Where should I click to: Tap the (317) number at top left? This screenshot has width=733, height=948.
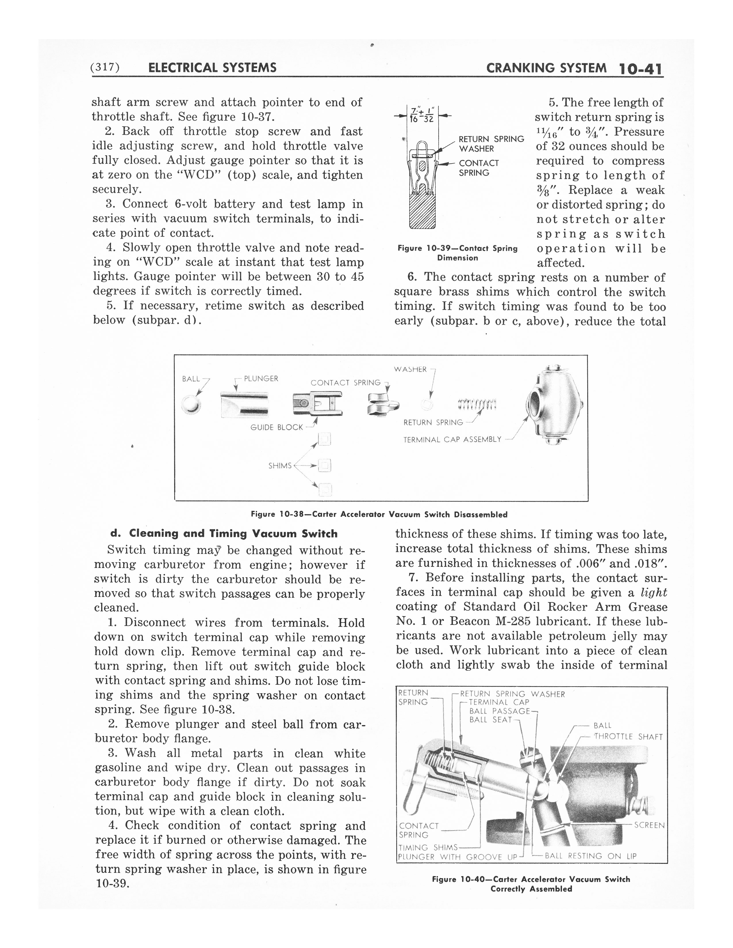coord(105,67)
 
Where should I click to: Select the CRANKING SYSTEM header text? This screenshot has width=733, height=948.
coord(546,68)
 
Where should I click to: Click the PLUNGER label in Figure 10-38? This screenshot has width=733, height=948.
coord(261,379)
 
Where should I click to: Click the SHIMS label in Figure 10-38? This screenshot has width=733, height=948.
coord(280,466)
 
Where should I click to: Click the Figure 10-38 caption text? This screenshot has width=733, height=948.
coord(379,515)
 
